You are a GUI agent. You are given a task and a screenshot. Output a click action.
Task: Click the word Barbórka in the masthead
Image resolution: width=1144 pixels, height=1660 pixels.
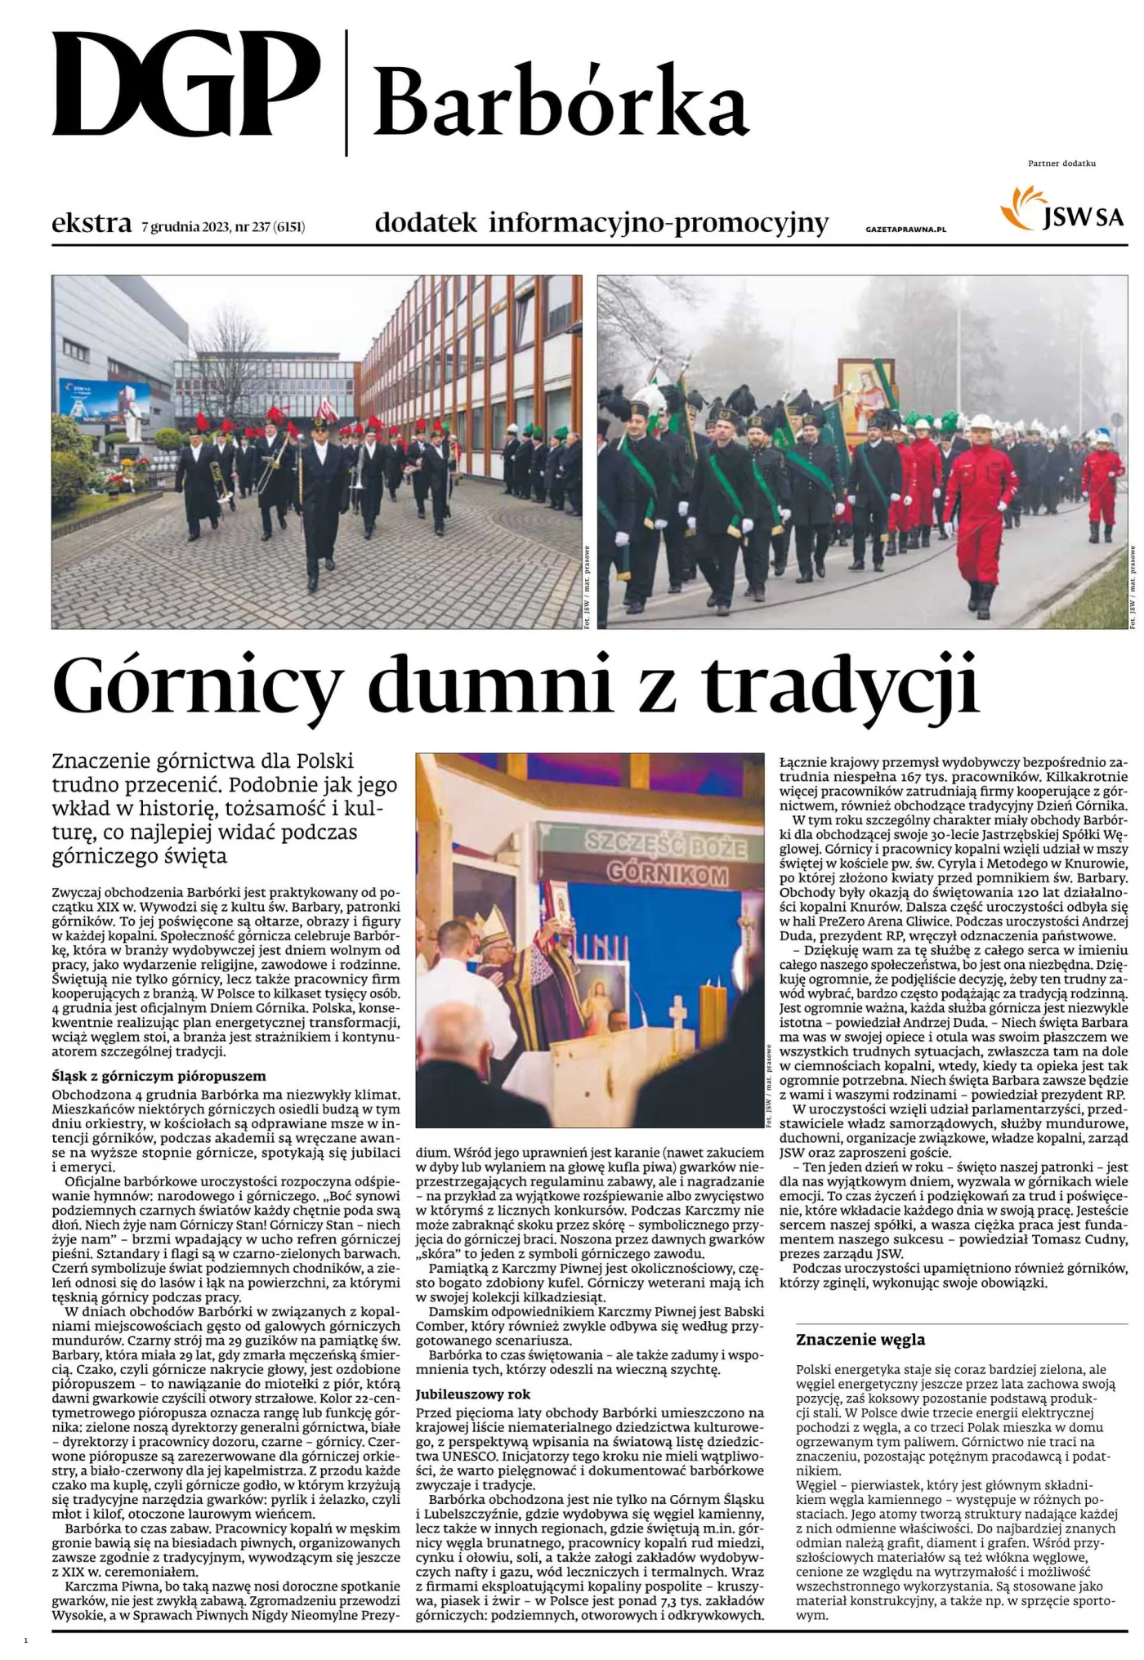click(562, 103)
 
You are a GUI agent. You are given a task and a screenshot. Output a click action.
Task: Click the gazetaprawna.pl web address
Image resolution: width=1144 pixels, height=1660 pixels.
click(905, 230)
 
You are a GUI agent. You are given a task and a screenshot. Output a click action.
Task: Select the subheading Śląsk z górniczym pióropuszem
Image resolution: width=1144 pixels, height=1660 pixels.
click(159, 1076)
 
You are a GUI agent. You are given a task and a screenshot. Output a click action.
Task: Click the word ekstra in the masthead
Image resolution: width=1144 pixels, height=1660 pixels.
click(92, 223)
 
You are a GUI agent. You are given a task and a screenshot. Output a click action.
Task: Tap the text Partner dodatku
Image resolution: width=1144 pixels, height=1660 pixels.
click(1061, 163)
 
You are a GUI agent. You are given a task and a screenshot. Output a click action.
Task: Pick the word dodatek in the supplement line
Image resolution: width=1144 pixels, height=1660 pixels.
click(425, 223)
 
